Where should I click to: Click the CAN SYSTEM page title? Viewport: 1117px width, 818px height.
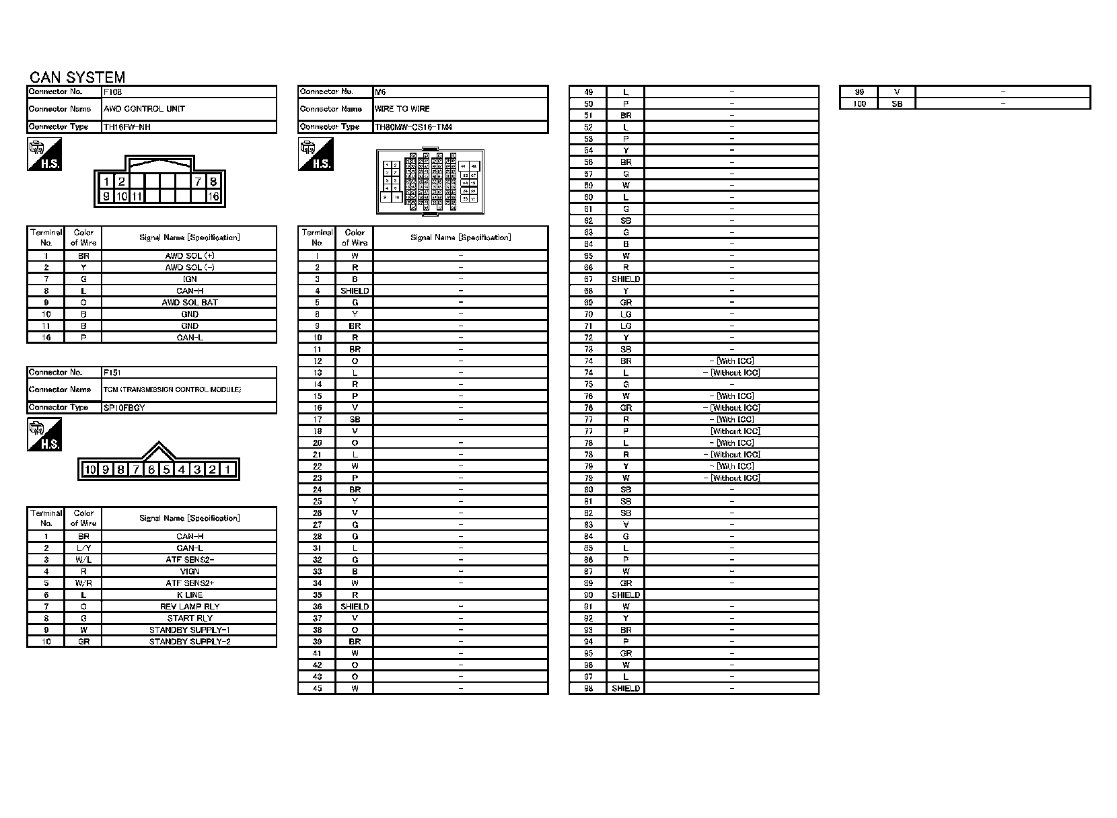click(x=77, y=77)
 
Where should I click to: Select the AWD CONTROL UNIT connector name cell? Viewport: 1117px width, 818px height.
click(x=145, y=109)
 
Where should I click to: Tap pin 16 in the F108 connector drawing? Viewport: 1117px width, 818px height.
click(x=213, y=196)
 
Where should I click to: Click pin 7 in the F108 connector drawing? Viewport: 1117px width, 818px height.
click(x=199, y=182)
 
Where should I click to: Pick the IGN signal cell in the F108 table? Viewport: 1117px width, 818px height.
click(x=190, y=279)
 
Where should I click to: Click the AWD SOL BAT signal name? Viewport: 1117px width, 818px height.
click(x=190, y=303)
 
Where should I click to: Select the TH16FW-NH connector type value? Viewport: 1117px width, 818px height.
click(x=122, y=127)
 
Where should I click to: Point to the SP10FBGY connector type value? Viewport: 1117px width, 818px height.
click(x=124, y=408)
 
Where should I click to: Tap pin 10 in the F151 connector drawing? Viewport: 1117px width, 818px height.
click(x=90, y=470)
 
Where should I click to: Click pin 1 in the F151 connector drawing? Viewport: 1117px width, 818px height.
click(x=228, y=470)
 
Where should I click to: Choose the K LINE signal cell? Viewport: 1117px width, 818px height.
click(x=190, y=595)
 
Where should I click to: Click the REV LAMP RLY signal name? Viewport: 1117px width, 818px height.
click(x=190, y=607)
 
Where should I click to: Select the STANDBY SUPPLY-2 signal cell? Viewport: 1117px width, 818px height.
click(x=190, y=642)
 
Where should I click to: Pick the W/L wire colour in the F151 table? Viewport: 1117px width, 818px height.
click(x=83, y=560)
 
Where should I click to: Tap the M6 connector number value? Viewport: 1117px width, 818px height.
click(x=380, y=91)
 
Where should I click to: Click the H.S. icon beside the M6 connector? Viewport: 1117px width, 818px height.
click(x=316, y=155)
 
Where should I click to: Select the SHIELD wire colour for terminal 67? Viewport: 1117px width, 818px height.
click(x=626, y=279)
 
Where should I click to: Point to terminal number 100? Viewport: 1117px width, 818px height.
click(x=859, y=104)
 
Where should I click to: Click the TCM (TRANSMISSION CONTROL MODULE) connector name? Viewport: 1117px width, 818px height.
click(x=172, y=389)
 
